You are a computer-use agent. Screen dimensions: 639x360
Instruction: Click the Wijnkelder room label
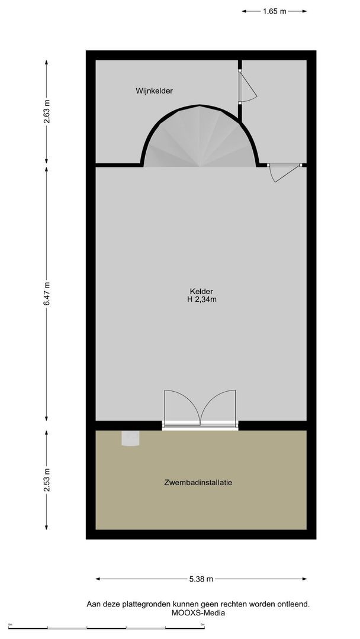pyautogui.click(x=154, y=91)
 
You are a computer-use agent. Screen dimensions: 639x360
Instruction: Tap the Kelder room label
pyautogui.click(x=201, y=291)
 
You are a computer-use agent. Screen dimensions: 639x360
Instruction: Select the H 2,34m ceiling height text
pyautogui.click(x=201, y=299)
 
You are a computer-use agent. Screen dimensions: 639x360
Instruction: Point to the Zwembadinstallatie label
pyautogui.click(x=198, y=483)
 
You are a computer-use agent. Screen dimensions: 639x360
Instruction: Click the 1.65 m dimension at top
pyautogui.click(x=275, y=11)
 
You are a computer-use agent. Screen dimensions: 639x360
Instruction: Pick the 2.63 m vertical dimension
pyautogui.click(x=47, y=111)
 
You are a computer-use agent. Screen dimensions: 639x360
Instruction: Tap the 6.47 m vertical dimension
pyautogui.click(x=47, y=293)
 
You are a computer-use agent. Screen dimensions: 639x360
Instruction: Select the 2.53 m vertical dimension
pyautogui.click(x=47, y=480)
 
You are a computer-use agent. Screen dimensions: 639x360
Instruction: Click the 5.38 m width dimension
pyautogui.click(x=201, y=579)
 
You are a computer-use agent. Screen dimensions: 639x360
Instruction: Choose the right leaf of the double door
pyautogui.click(x=220, y=407)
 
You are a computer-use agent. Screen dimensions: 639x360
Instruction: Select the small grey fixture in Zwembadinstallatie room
pyautogui.click(x=130, y=438)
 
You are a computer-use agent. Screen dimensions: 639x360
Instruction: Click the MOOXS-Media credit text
pyautogui.click(x=198, y=613)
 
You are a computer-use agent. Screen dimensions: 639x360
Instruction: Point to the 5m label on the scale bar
pyautogui.click(x=202, y=624)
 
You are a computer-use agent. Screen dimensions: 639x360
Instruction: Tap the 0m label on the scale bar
pyautogui.click(x=11, y=624)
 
